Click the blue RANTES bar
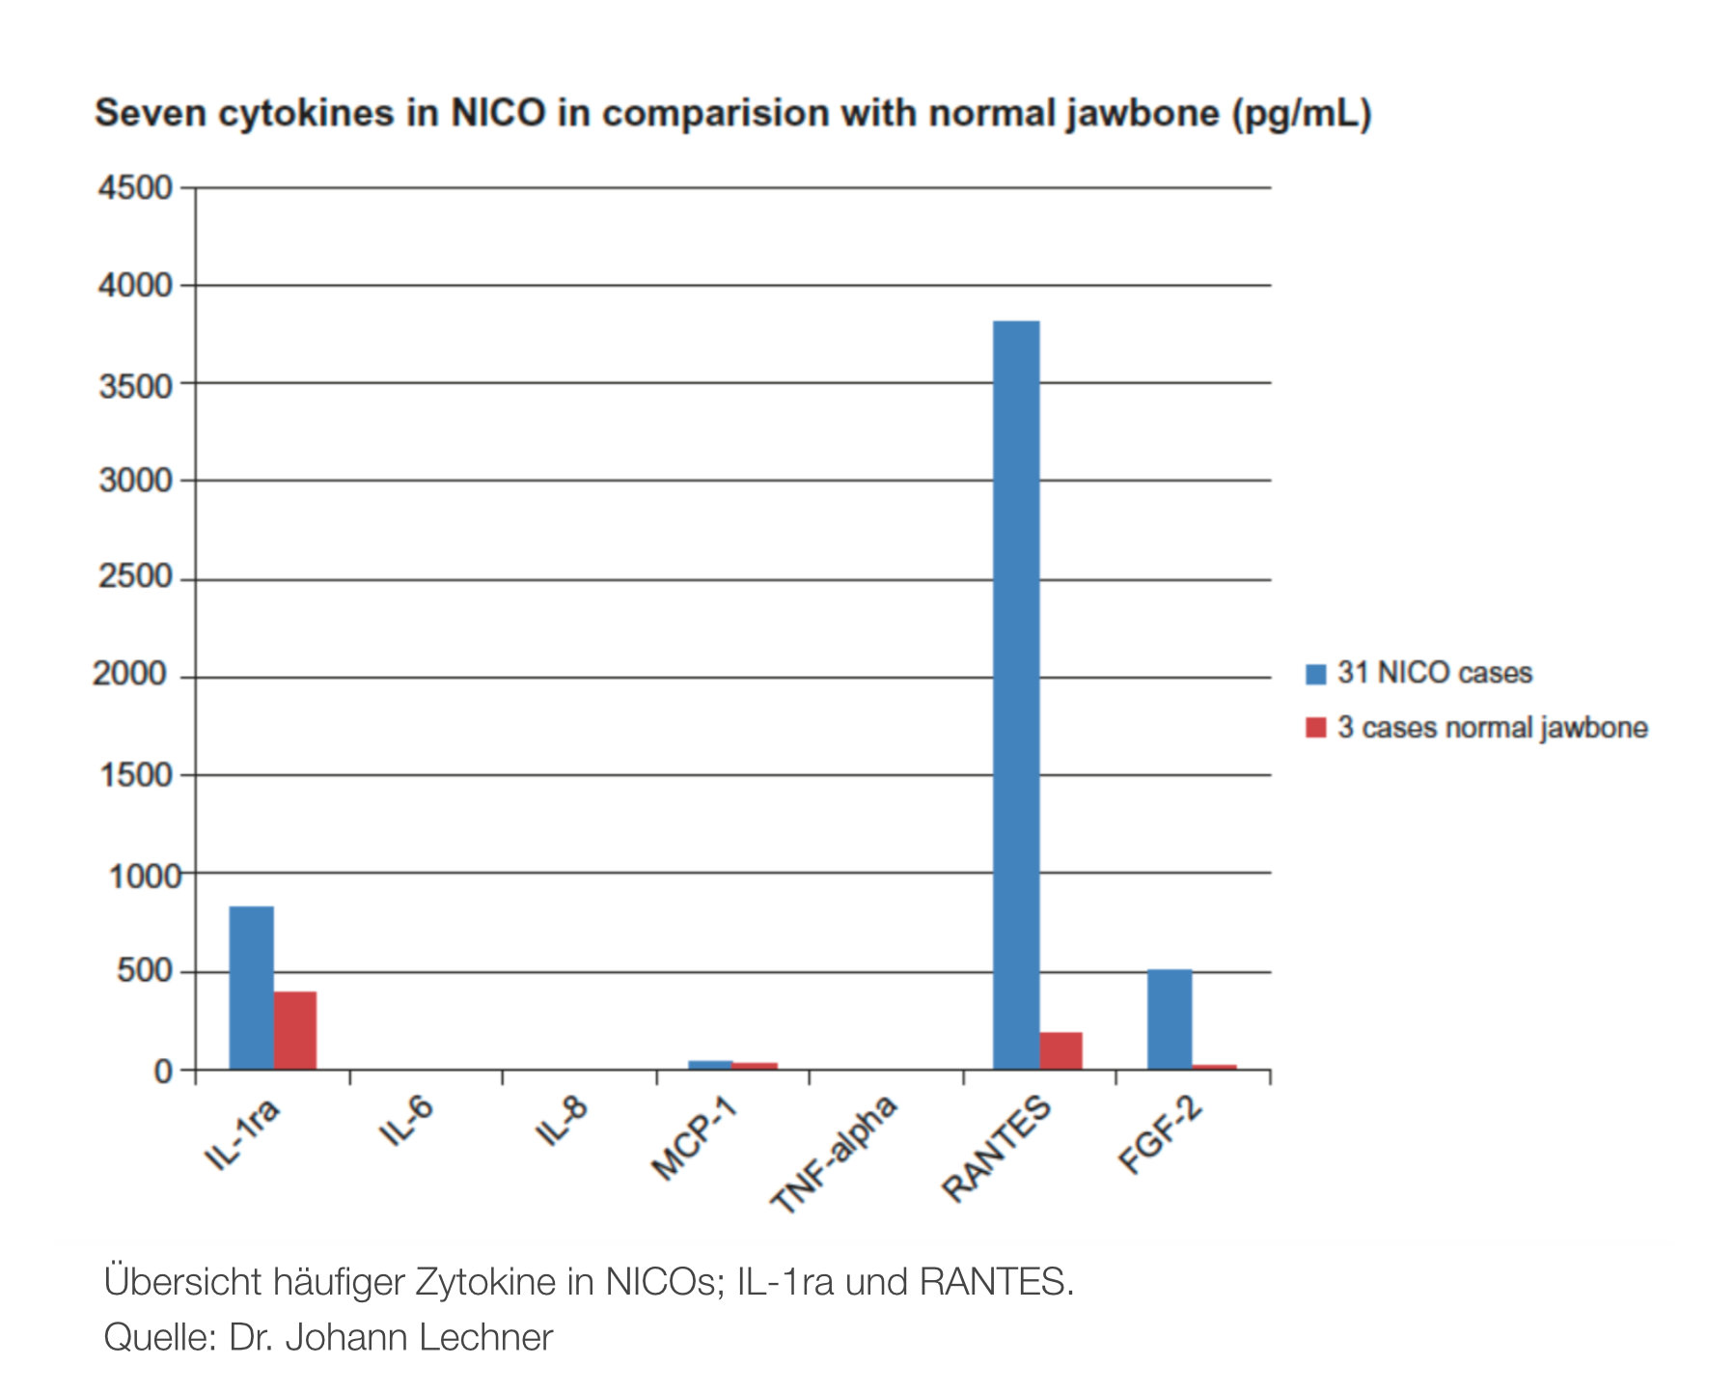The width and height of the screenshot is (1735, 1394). click(1016, 695)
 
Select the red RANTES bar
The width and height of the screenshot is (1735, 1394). click(1060, 1051)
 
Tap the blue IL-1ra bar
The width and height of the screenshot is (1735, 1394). click(251, 988)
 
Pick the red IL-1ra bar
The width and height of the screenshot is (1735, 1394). click(295, 1030)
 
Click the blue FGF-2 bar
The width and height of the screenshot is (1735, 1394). click(1170, 1019)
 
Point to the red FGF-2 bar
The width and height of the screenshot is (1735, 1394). click(1214, 1067)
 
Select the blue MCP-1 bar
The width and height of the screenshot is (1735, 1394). click(709, 1065)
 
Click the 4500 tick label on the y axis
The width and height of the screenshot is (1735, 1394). click(135, 187)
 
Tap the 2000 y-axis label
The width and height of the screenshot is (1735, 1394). click(130, 674)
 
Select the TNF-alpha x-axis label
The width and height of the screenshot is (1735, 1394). click(834, 1154)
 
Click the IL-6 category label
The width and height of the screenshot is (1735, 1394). click(406, 1121)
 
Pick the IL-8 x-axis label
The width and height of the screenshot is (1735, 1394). click(561, 1121)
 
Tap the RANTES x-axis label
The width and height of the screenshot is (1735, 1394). click(996, 1149)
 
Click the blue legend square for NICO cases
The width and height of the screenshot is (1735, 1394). click(1315, 674)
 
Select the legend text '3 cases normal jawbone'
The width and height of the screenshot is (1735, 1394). click(1492, 728)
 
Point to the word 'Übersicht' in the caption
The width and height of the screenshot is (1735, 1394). click(182, 1282)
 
